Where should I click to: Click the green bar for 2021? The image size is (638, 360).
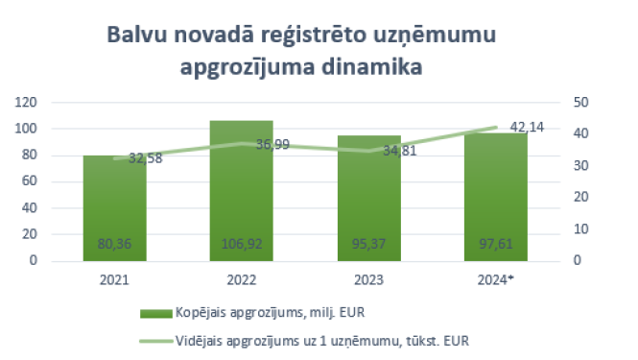114,206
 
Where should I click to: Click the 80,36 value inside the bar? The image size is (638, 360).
114,245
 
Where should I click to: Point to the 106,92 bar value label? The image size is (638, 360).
241,245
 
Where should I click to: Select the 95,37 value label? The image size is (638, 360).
368,245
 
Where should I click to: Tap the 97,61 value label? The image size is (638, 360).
495,245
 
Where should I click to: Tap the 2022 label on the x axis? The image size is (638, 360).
241,280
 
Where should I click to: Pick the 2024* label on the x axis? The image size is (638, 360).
497,280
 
